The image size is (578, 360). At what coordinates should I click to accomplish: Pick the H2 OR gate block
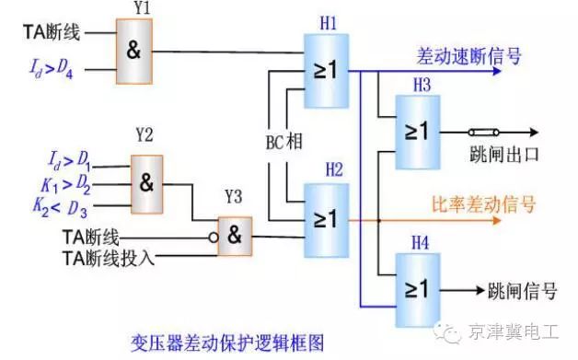[x=327, y=218]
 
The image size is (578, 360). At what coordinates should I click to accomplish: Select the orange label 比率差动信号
[x=484, y=204]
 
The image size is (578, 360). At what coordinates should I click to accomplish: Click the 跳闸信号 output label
[x=522, y=291]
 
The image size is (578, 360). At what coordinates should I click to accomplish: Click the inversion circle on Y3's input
[x=213, y=238]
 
